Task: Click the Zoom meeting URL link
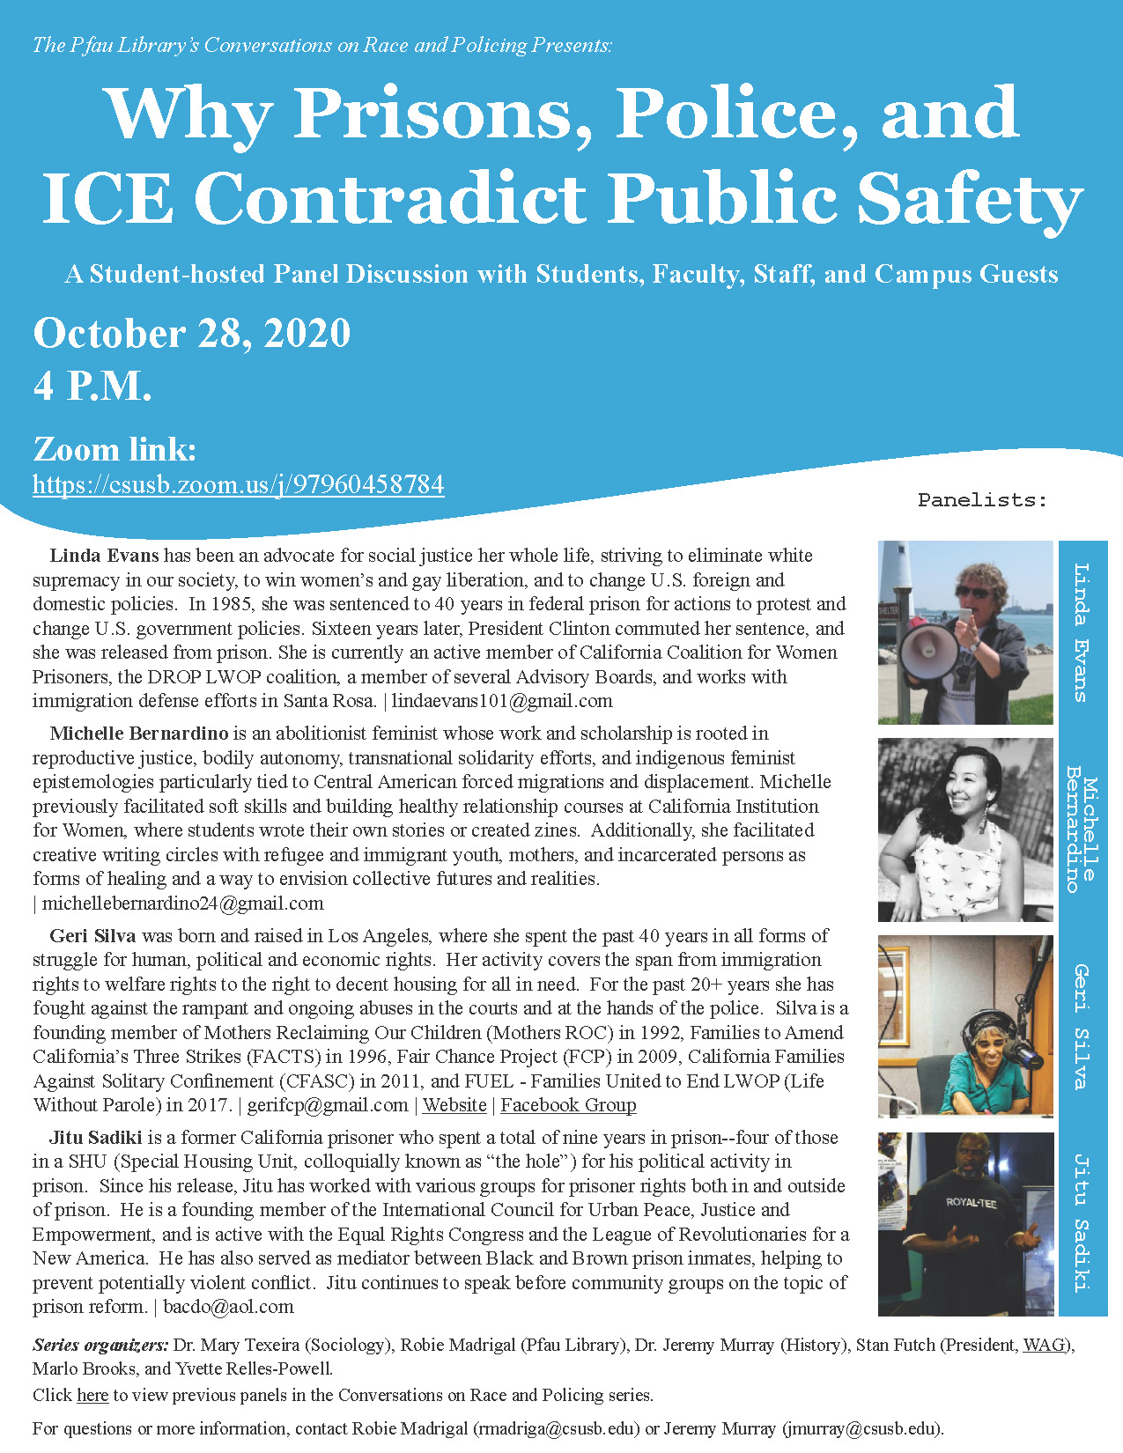pos(238,484)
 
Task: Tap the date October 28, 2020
pos(192,334)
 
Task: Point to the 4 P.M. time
pos(92,386)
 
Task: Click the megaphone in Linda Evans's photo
pos(926,652)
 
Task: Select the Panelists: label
pos(982,500)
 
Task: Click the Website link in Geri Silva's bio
pos(454,1105)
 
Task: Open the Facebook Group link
pos(568,1105)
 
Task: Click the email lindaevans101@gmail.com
pos(502,702)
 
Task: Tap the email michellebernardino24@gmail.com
pos(183,904)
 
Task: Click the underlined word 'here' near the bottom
pos(92,1395)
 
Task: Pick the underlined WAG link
pos(1044,1346)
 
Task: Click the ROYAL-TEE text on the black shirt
pos(971,1202)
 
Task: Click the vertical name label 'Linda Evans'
pos(1082,631)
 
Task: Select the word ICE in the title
pos(107,198)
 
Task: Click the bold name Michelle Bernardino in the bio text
pos(139,734)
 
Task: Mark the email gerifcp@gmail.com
pos(328,1105)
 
